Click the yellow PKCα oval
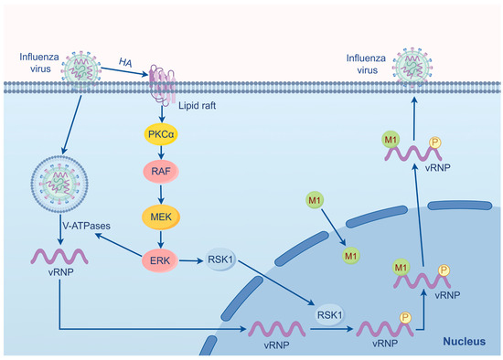coord(161,134)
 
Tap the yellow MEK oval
coord(161,217)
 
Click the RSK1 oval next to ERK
coord(222,259)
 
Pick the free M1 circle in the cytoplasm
coord(315,200)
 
